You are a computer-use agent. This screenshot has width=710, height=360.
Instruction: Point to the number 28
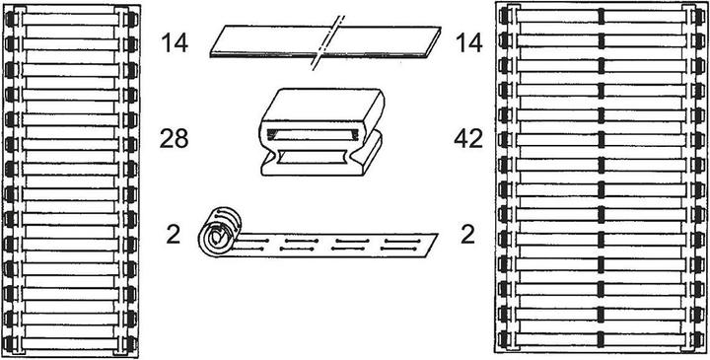click(174, 139)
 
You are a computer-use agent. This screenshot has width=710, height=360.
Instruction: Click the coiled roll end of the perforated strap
click(217, 235)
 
